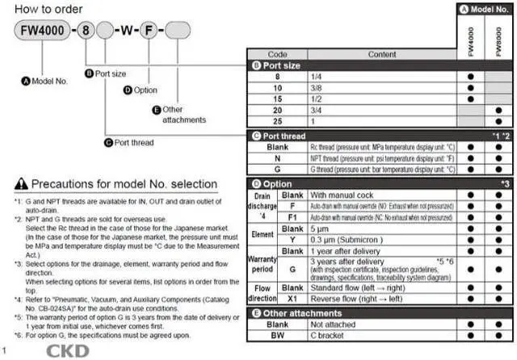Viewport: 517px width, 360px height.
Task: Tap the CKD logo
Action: click(x=68, y=351)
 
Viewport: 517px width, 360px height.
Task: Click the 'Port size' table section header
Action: click(x=278, y=65)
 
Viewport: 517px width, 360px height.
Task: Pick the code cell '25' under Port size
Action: click(x=277, y=120)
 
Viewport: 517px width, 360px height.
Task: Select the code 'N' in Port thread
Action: click(x=277, y=160)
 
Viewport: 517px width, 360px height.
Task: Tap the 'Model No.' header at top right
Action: click(x=486, y=10)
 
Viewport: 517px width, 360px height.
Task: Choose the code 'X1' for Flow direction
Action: click(x=292, y=297)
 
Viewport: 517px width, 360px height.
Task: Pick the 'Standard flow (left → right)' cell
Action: click(x=364, y=286)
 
